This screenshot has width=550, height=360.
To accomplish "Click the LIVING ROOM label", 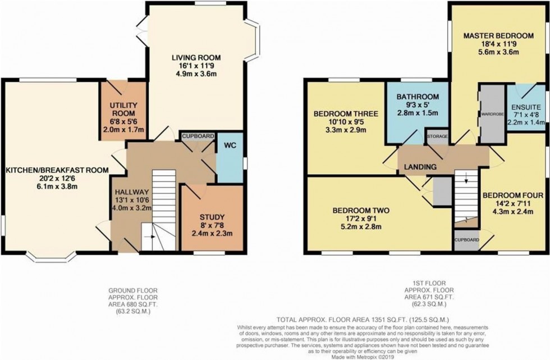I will click(x=196, y=57).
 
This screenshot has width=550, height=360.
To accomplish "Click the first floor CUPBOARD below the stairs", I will click(x=467, y=240).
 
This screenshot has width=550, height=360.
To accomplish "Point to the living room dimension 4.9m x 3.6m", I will click(x=196, y=74).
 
